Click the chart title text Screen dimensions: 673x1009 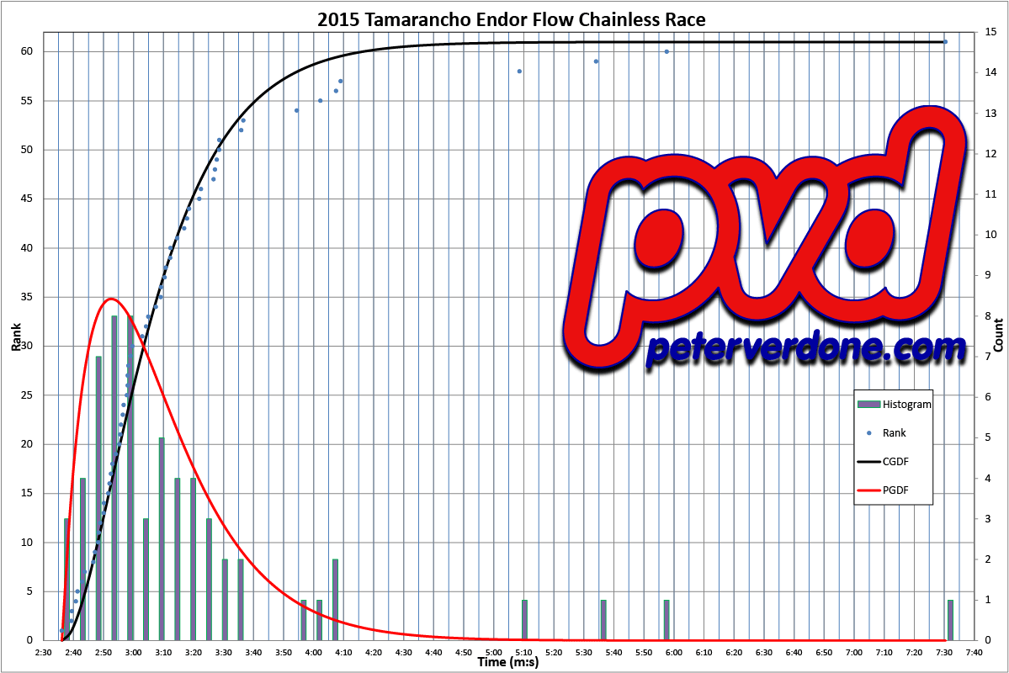click(x=511, y=19)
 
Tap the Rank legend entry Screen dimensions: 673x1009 click(x=894, y=432)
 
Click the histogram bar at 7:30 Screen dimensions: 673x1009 click(x=950, y=620)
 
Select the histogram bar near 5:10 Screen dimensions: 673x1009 click(x=524, y=620)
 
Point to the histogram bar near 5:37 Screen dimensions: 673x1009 click(x=603, y=620)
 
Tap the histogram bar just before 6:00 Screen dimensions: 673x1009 click(x=666, y=620)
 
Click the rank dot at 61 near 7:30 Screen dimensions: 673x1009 click(x=945, y=42)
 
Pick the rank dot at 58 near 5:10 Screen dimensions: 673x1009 click(x=519, y=72)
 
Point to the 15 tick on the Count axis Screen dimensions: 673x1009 click(x=991, y=32)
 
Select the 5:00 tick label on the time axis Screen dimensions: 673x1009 click(x=493, y=652)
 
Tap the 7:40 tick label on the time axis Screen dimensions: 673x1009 click(x=974, y=652)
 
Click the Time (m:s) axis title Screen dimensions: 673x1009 click(x=508, y=663)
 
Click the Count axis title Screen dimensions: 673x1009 click(x=998, y=335)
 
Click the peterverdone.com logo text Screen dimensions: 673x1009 click(x=805, y=349)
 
